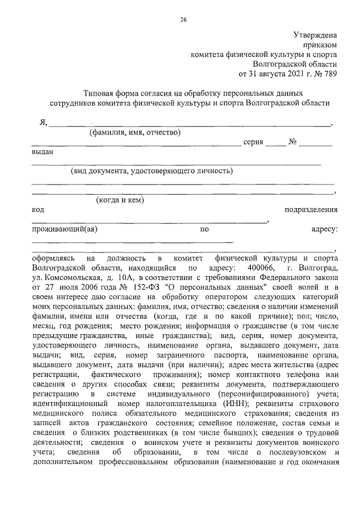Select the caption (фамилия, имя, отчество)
point(135,133)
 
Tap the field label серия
point(253,142)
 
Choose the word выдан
point(43,152)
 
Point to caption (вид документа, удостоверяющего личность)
point(152,171)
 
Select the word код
point(38,210)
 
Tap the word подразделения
point(311,210)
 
